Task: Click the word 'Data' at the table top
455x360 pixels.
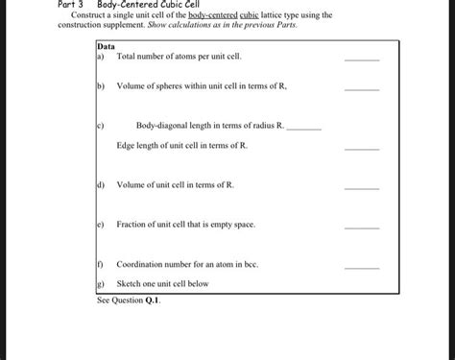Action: [x=106, y=46]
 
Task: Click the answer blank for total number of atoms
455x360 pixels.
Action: [x=362, y=60]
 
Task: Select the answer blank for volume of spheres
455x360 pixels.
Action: [x=362, y=89]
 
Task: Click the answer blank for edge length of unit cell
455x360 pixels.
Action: [x=362, y=149]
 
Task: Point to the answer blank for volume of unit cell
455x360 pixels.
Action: [x=362, y=188]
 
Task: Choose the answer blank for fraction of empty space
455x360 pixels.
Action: [x=362, y=228]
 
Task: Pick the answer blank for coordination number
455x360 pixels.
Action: [x=362, y=267]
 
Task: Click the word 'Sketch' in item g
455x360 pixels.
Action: [x=129, y=284]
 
